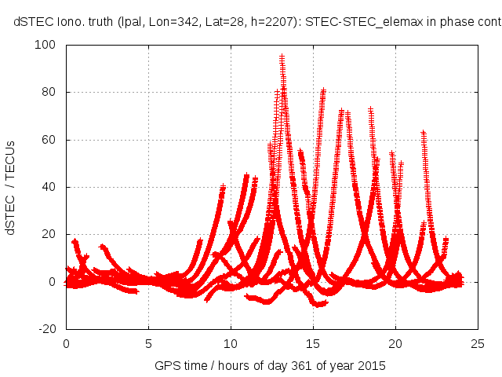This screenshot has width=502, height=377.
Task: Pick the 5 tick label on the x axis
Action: (x=147, y=343)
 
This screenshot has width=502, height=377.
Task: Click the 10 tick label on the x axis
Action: (x=230, y=343)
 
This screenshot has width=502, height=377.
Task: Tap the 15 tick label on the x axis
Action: (x=312, y=343)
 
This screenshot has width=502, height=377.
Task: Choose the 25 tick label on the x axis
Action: (x=477, y=343)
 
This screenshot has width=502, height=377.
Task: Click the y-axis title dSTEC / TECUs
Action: (x=12, y=187)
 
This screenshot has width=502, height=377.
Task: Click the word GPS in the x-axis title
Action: (x=166, y=365)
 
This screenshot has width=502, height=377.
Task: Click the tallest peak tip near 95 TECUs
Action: (x=282, y=57)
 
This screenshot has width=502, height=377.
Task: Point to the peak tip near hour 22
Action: (x=424, y=133)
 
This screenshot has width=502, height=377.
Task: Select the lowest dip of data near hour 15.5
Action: (x=317, y=304)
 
